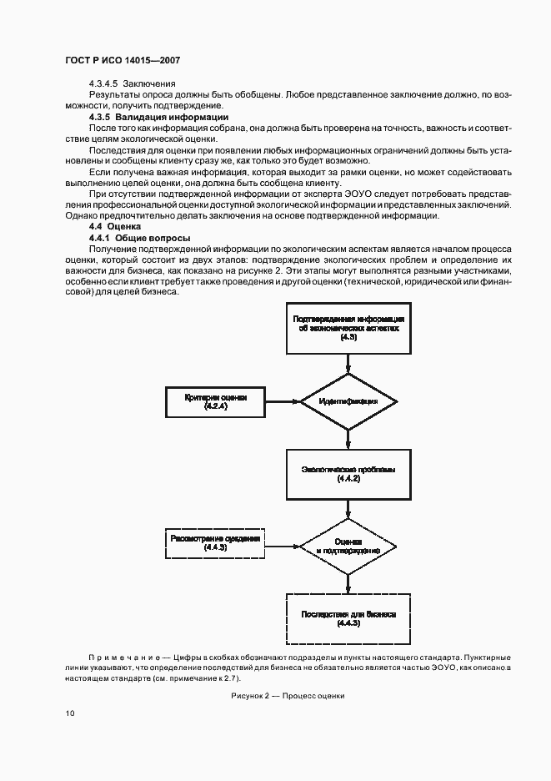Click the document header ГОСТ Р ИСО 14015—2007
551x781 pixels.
pyautogui.click(x=123, y=61)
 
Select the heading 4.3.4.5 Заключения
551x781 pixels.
pyautogui.click(x=132, y=83)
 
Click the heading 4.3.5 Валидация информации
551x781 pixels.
pyautogui.click(x=148, y=117)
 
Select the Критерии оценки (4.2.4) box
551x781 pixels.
pyautogui.click(x=215, y=401)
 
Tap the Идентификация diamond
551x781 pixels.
pyautogui.click(x=348, y=401)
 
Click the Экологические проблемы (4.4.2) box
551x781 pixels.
pyautogui.click(x=348, y=474)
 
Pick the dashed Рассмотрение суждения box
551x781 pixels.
pyautogui.click(x=215, y=542)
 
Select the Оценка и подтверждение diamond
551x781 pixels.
pyautogui.click(x=348, y=546)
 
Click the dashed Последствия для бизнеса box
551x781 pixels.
pyautogui.click(x=348, y=618)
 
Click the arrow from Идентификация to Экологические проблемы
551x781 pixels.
pyautogui.click(x=348, y=439)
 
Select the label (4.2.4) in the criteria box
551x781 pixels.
pyautogui.click(x=215, y=406)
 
